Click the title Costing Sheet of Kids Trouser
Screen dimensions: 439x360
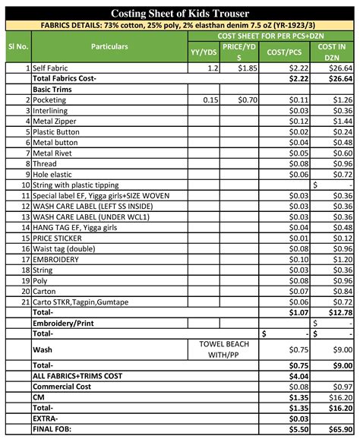click(180, 13)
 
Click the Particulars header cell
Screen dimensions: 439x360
click(109, 46)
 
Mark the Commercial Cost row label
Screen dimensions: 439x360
click(63, 386)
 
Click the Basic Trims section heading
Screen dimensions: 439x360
click(57, 89)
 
